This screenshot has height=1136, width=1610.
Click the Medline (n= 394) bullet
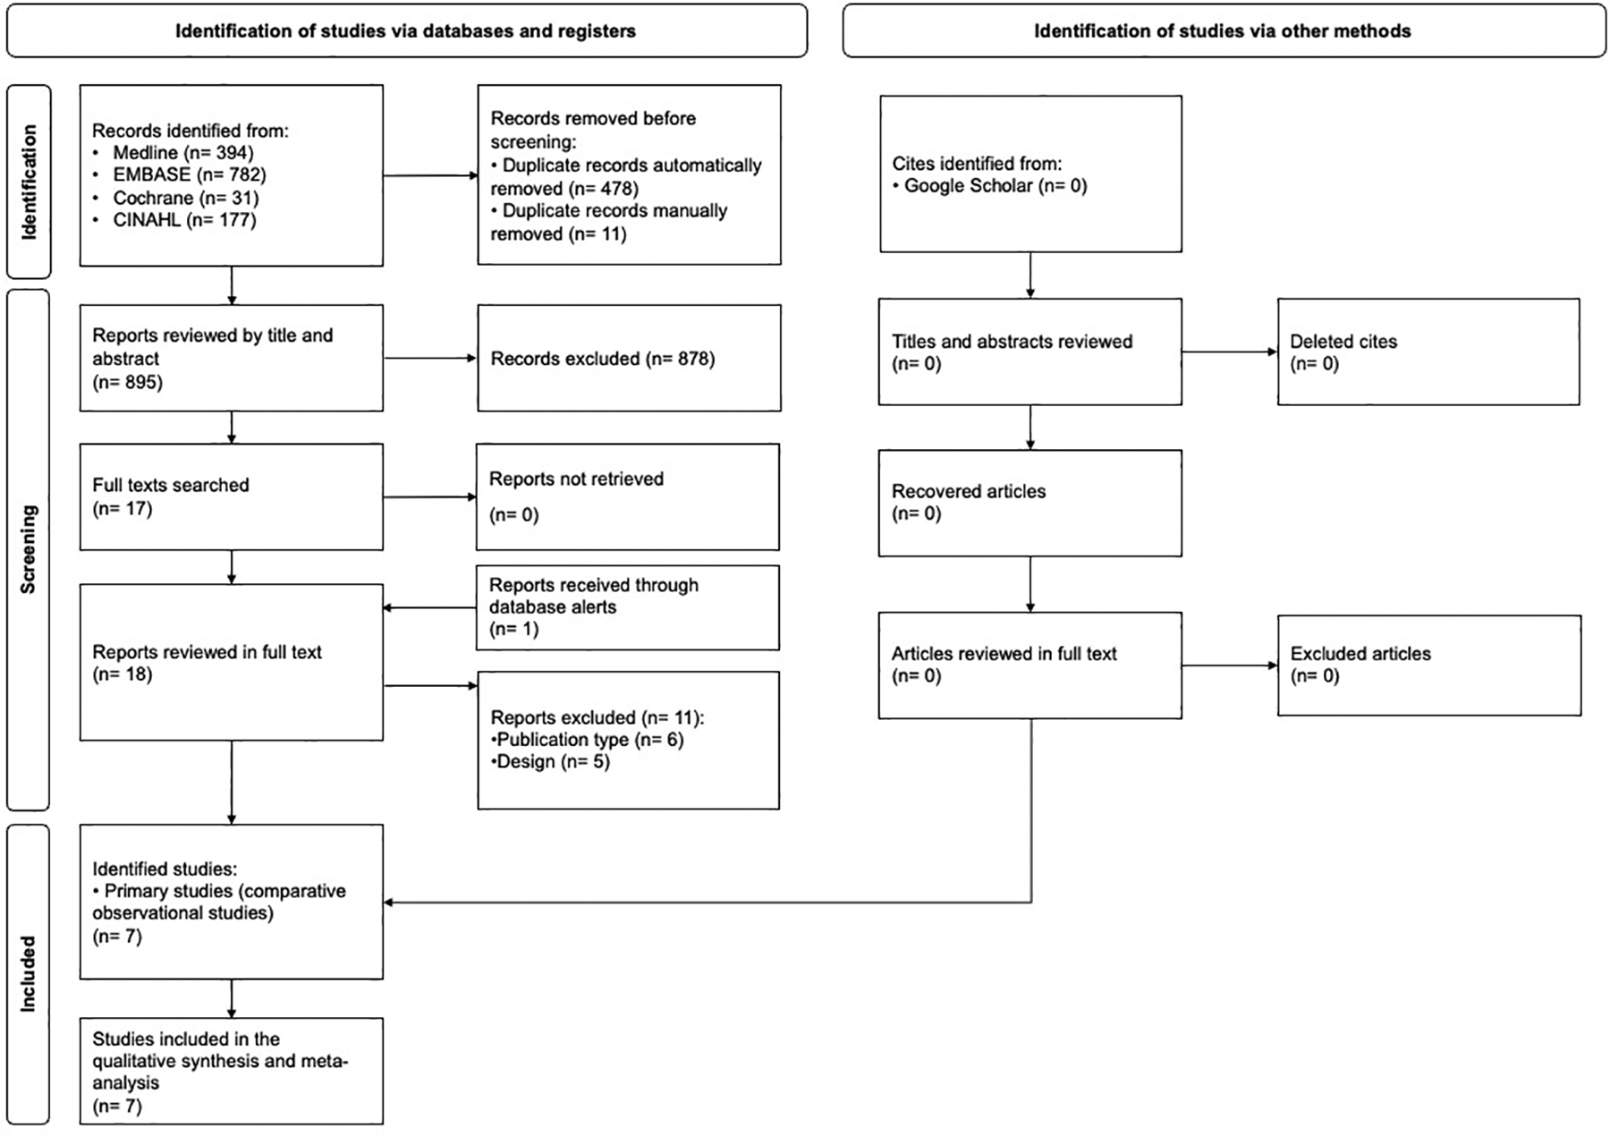tap(182, 153)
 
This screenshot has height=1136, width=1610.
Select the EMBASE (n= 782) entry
tap(189, 175)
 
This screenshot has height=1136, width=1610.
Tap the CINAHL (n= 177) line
tap(184, 220)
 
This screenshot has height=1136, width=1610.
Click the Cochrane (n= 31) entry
tap(185, 198)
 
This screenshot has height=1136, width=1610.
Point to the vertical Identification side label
tap(29, 182)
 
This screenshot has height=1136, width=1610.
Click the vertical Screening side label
tap(29, 549)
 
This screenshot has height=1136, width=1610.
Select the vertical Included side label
tap(29, 973)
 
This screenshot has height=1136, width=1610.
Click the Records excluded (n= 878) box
tap(629, 359)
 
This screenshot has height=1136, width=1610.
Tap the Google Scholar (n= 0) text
tap(995, 186)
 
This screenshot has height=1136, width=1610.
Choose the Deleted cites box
tap(1428, 352)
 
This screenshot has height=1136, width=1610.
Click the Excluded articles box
tap(1428, 665)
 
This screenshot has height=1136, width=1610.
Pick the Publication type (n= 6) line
tap(589, 740)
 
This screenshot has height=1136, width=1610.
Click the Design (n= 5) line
tap(553, 762)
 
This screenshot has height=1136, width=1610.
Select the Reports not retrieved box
tap(627, 496)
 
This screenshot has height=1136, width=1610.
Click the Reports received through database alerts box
tap(627, 607)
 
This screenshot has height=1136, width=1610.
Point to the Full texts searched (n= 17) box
tap(231, 496)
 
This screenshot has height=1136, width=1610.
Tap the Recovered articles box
tap(1030, 503)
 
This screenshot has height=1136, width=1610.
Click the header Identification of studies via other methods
tap(1223, 31)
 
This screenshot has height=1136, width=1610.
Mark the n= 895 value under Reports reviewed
tap(127, 383)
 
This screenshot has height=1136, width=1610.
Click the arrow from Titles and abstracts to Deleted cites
tap(1229, 352)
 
